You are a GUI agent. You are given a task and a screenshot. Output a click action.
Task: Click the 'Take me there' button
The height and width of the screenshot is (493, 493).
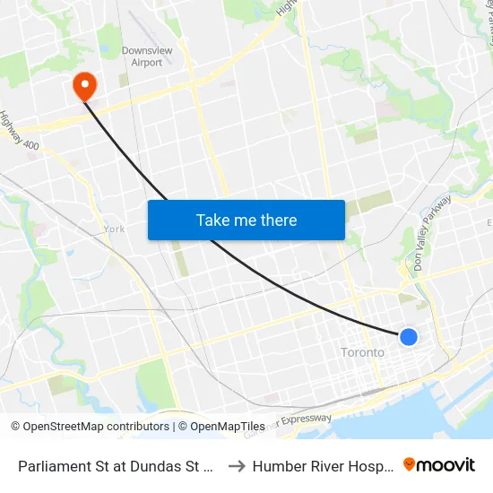pos(246,220)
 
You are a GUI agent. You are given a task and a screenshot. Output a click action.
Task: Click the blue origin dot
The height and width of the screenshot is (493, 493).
pos(408,337)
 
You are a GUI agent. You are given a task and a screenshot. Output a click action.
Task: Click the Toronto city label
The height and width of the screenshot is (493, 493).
pos(362,352)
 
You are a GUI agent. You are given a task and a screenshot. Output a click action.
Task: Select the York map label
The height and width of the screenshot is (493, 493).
pos(114,229)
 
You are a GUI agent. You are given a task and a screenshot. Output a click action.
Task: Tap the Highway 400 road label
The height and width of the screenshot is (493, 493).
pos(20,131)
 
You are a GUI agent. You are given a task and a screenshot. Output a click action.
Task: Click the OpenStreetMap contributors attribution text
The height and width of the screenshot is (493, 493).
pos(90,427)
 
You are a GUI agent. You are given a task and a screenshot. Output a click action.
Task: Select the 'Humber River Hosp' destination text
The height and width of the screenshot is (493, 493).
pos(324,466)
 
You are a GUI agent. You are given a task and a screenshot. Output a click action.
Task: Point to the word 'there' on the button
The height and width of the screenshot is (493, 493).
pos(276,220)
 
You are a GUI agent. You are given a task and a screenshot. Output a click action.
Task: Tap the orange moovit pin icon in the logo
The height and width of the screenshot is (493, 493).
pos(410,464)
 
